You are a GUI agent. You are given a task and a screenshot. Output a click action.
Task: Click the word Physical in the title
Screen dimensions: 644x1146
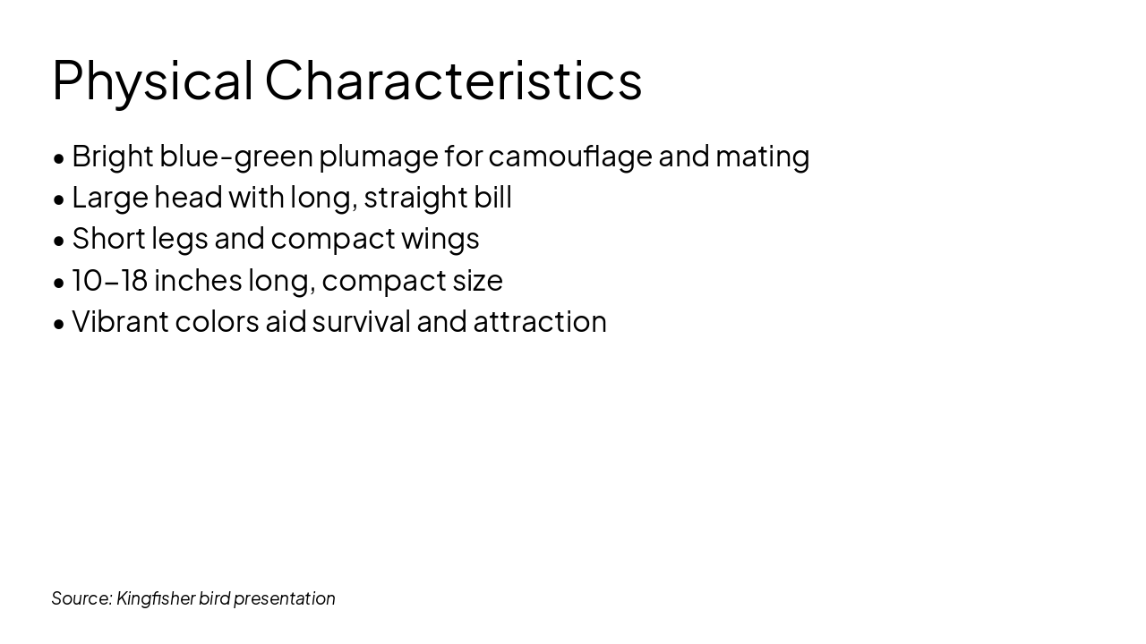[153, 80]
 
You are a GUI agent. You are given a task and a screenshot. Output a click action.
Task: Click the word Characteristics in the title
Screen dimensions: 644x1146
[453, 80]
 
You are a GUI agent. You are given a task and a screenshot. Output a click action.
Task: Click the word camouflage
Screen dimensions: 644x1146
[570, 157]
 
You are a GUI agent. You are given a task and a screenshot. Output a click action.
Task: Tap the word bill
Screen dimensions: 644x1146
[492, 198]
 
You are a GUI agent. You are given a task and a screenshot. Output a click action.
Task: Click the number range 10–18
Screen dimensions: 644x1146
[109, 281]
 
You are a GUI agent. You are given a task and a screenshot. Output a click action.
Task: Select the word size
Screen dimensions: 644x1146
[477, 281]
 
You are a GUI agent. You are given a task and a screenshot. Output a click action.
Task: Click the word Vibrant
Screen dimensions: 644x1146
[120, 322]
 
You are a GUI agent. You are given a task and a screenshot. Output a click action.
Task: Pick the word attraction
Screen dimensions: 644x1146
[540, 322]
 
